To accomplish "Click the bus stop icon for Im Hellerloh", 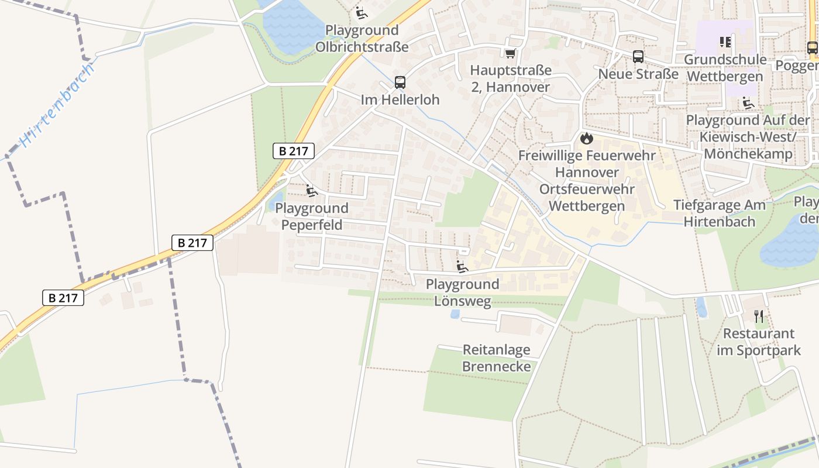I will pyautogui.click(x=400, y=82).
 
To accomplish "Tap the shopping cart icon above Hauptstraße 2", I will pyautogui.click(x=510, y=54).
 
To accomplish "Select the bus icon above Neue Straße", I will pyautogui.click(x=638, y=57).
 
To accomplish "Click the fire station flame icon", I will pyautogui.click(x=586, y=139).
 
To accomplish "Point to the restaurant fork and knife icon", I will pyautogui.click(x=759, y=316).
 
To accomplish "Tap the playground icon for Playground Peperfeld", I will pyautogui.click(x=311, y=191).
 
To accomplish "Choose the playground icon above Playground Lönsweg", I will pyautogui.click(x=462, y=267).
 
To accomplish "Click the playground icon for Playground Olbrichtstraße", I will pyautogui.click(x=362, y=12).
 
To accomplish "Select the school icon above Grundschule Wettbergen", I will pyautogui.click(x=725, y=42).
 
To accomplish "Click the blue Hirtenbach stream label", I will pyautogui.click(x=57, y=105).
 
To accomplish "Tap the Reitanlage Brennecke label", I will pyautogui.click(x=496, y=358).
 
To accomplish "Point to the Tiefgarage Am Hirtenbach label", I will pyautogui.click(x=719, y=213).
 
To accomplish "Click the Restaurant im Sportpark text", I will pyautogui.click(x=759, y=342).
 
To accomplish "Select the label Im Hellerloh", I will pyautogui.click(x=400, y=100).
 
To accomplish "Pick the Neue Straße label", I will pyautogui.click(x=638, y=74).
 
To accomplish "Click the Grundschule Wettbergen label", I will pyautogui.click(x=725, y=68).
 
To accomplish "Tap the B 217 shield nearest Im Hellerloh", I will pyautogui.click(x=294, y=151).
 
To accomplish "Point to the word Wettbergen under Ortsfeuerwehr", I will pyautogui.click(x=587, y=206).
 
